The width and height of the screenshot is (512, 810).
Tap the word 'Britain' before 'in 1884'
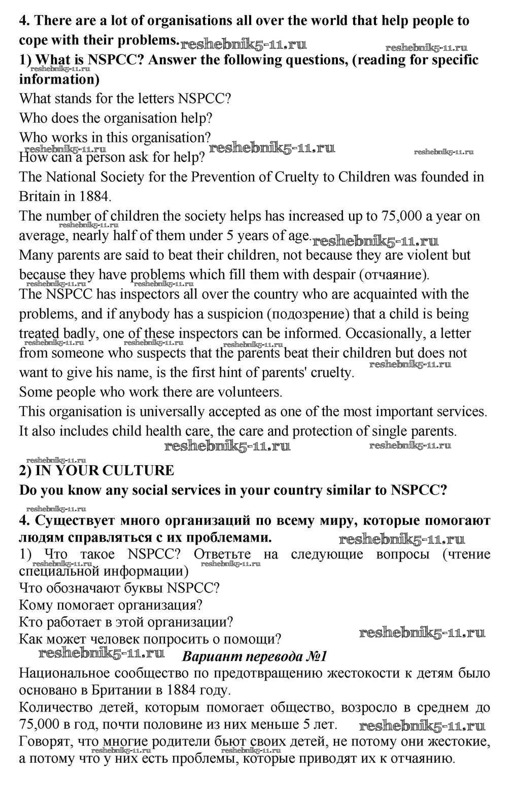tap(39, 196)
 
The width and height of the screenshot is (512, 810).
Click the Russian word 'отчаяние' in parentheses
tap(393, 275)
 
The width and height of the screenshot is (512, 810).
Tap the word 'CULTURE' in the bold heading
tap(138, 471)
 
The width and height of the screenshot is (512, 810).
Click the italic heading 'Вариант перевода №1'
tap(254, 656)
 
